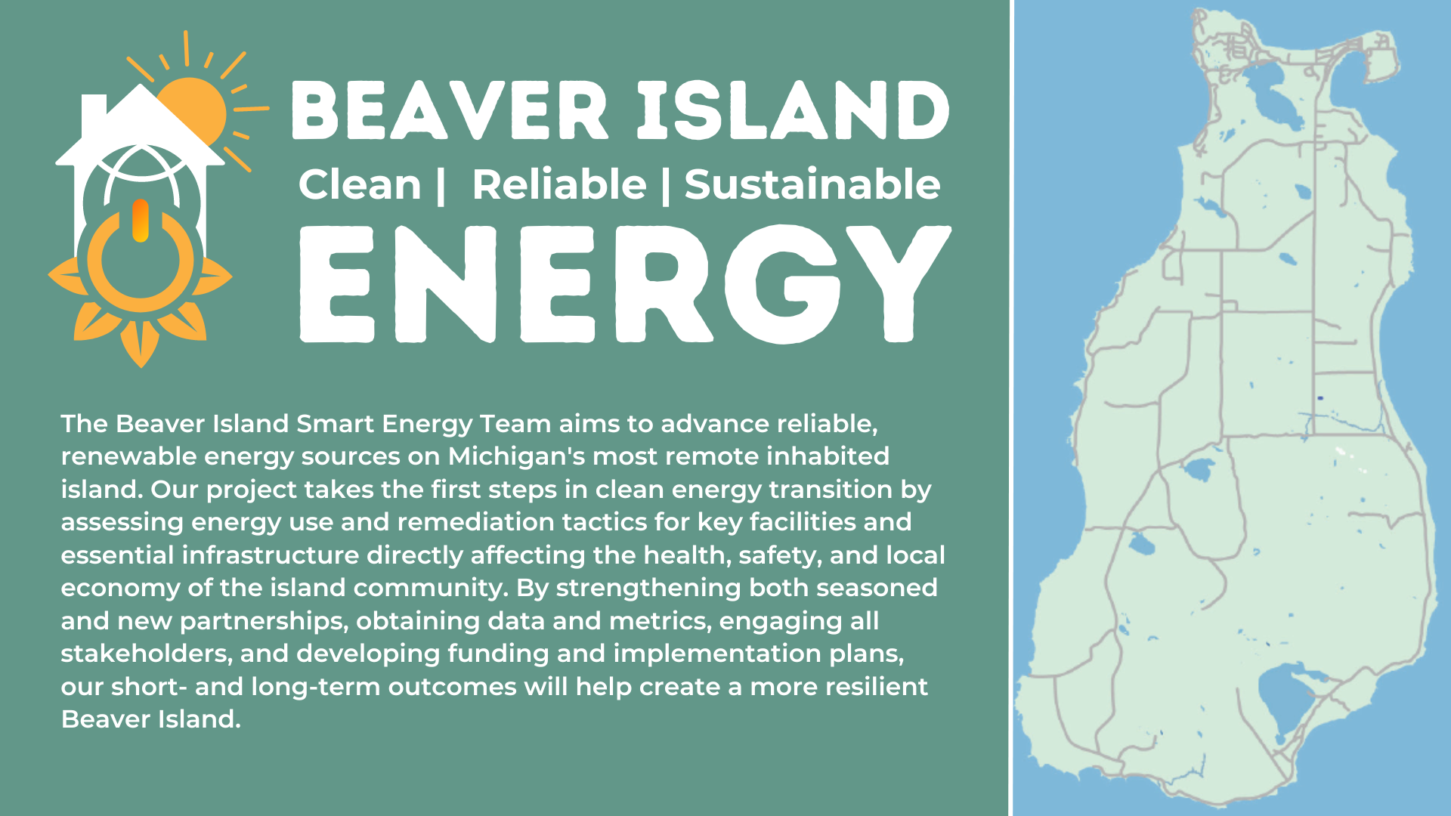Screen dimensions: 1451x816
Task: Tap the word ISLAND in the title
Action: [x=794, y=111]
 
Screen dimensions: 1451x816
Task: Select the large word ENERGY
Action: [x=626, y=284]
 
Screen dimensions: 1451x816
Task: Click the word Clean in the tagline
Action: [x=360, y=185]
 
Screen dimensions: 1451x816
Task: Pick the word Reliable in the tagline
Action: [x=559, y=185]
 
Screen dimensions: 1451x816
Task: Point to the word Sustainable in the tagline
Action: [x=812, y=185]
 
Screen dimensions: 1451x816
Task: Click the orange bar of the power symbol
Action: [x=141, y=221]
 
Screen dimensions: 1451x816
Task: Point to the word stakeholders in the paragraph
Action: [x=145, y=654]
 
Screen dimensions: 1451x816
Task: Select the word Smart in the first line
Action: [x=335, y=424]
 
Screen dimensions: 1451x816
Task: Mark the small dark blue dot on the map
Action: [x=1320, y=398]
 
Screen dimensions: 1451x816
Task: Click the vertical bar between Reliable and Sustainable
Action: [x=666, y=186]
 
